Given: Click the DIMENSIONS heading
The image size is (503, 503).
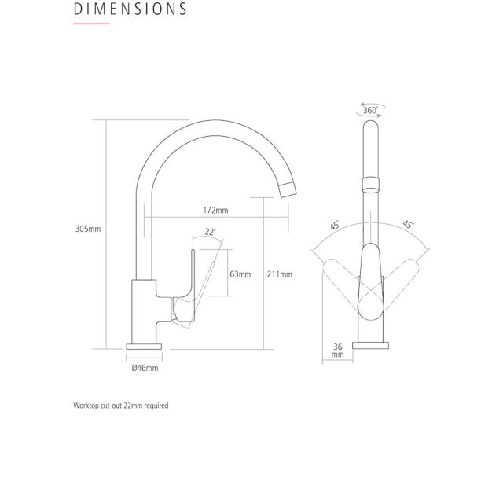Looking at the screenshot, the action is (x=130, y=9).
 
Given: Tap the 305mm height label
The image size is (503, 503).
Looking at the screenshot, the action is (x=88, y=229).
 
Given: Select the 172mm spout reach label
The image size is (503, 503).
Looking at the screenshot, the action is (x=215, y=211).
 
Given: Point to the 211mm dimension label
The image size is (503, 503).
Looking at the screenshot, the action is (x=280, y=274).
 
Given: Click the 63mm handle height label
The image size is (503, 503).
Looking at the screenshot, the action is (x=240, y=274).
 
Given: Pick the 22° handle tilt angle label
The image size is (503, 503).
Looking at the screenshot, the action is (x=211, y=232).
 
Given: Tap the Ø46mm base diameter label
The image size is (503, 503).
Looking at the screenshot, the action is (x=145, y=368).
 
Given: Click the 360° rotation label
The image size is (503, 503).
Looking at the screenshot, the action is (x=370, y=110).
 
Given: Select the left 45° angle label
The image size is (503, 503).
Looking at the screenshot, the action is (x=335, y=226).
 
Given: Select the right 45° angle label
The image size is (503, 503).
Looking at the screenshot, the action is (x=408, y=225).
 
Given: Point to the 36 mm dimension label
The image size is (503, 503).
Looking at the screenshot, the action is (x=337, y=351).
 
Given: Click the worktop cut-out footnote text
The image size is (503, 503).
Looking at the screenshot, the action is (x=121, y=406).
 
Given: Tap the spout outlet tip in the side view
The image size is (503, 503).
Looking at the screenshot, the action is (x=288, y=189).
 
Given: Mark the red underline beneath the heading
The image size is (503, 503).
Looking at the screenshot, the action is (x=92, y=24).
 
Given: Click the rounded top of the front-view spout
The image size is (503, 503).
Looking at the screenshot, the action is (x=371, y=124).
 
